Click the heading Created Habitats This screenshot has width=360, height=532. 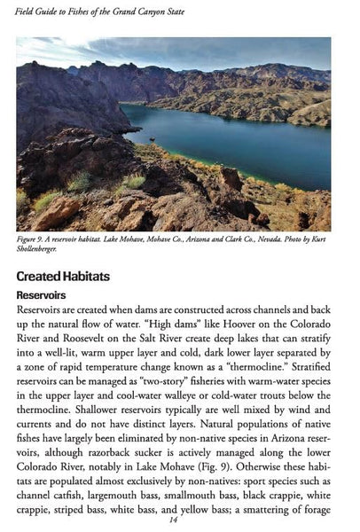pyautogui.click(x=63, y=277)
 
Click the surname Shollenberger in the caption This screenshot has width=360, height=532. pyautogui.click(x=43, y=251)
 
